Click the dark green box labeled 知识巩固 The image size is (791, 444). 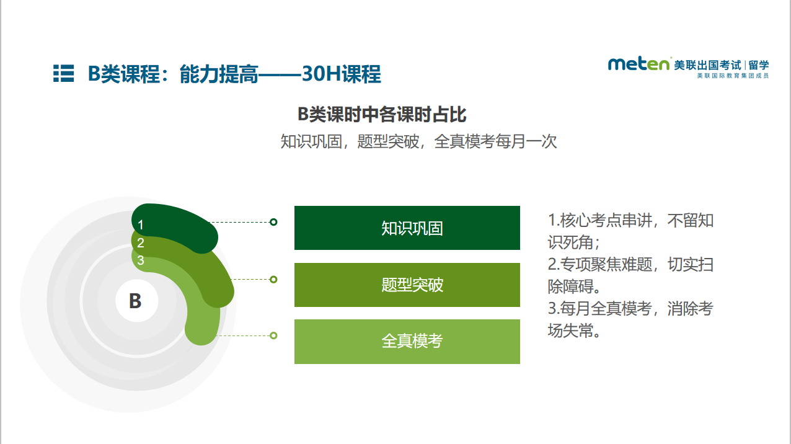[x=407, y=228]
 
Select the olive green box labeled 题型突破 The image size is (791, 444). [x=407, y=285]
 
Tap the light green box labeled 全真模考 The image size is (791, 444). [x=407, y=342]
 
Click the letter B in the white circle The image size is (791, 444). [x=135, y=301]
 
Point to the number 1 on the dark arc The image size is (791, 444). [x=141, y=225]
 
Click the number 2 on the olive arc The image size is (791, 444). [x=141, y=243]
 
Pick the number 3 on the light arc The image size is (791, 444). [x=141, y=260]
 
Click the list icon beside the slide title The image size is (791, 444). [x=64, y=73]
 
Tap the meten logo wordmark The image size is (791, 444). [x=639, y=64]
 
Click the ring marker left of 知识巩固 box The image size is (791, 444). [x=273, y=222]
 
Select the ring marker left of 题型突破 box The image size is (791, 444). [x=273, y=280]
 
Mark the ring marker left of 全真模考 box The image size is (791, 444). [x=273, y=335]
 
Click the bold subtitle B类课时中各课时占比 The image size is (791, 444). [x=382, y=115]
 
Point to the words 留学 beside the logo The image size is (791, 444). [x=759, y=65]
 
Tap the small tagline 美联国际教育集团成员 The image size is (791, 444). [x=733, y=76]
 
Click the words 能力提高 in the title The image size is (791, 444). [x=219, y=74]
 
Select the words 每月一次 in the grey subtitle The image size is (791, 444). [x=526, y=141]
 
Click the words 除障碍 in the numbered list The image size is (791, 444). [x=571, y=286]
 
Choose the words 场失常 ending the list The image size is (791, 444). [x=571, y=331]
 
